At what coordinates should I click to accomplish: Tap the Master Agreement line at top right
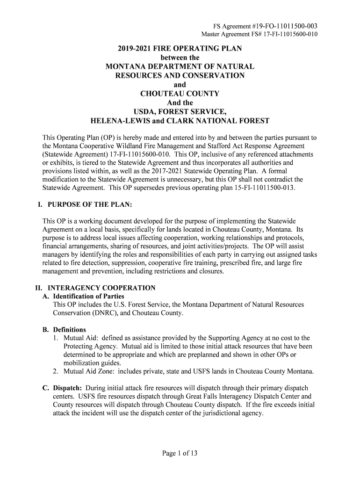point(259,34)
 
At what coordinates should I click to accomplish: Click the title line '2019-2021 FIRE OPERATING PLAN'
point(180,49)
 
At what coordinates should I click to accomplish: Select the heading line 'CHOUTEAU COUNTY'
point(180,94)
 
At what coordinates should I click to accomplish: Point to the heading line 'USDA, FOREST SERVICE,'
point(180,112)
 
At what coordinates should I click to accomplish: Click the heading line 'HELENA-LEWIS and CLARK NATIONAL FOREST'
point(180,121)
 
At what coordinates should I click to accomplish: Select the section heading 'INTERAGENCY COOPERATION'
point(102,288)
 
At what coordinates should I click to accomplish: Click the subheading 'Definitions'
point(70,329)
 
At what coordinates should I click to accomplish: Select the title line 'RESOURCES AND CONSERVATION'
point(180,76)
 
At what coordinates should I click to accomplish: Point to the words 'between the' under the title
point(180,58)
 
